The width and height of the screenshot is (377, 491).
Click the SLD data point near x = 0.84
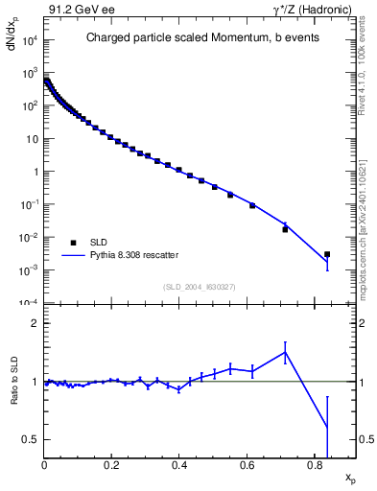pyautogui.click(x=327, y=254)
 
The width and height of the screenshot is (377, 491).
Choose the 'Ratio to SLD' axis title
pyautogui.click(x=14, y=393)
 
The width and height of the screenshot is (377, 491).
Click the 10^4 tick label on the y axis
pyautogui.click(x=29, y=40)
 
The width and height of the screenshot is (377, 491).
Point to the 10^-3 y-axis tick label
pyautogui.click(x=29, y=270)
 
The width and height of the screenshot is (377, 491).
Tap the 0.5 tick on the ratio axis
pyautogui.click(x=32, y=439)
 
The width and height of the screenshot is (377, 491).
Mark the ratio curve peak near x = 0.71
pyautogui.click(x=285, y=352)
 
